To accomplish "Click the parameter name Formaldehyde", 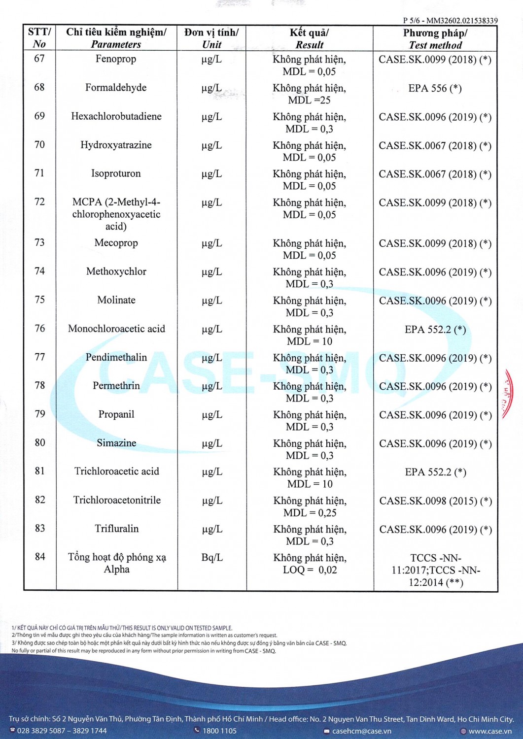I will [x=116, y=88].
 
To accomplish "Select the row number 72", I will [x=39, y=202].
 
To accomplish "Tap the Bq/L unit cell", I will [x=212, y=558].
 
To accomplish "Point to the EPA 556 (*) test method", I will [x=435, y=89].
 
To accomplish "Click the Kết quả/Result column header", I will [x=309, y=38].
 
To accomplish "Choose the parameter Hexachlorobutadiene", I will [x=116, y=116].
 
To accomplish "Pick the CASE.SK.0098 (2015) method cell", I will [x=435, y=501].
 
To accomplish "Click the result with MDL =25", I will [x=310, y=94].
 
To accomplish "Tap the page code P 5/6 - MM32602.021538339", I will [x=450, y=21].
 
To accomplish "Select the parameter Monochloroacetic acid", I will [x=116, y=329].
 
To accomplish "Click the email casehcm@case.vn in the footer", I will [x=361, y=731].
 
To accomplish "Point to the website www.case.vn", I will [x=489, y=731].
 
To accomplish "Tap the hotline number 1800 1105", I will [x=219, y=731].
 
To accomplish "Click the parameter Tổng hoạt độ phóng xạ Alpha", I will [x=117, y=563].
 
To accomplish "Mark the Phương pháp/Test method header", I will [x=435, y=39].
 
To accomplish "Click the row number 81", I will [x=40, y=471].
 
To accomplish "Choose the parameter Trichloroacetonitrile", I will [x=117, y=500].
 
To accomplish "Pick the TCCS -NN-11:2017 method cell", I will [x=436, y=570].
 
